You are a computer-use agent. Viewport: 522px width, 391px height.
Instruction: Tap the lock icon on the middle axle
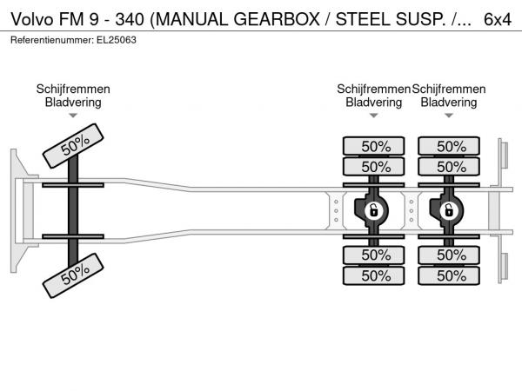[374, 210]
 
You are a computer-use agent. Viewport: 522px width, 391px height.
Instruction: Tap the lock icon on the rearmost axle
[449, 210]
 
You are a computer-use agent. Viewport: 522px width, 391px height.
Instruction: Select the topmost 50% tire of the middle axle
[374, 146]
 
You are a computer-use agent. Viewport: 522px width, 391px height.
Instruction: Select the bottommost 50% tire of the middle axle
[374, 275]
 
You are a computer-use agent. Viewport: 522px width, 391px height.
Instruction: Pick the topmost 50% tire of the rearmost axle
[449, 146]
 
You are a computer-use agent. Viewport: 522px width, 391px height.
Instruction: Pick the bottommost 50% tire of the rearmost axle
[449, 275]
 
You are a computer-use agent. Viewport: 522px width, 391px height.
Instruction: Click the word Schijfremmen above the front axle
[73, 89]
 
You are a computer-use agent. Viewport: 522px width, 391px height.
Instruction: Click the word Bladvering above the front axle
[73, 102]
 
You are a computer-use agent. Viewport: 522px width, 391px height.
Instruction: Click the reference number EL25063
[117, 40]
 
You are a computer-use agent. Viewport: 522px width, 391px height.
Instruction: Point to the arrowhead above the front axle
[73, 116]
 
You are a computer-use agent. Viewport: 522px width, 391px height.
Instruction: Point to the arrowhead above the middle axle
[374, 116]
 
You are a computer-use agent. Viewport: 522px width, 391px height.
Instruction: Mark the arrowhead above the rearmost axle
[449, 116]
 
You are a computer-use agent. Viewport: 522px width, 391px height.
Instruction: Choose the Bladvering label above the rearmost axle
[449, 102]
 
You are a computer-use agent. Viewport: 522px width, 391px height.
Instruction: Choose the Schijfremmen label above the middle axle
[373, 89]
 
